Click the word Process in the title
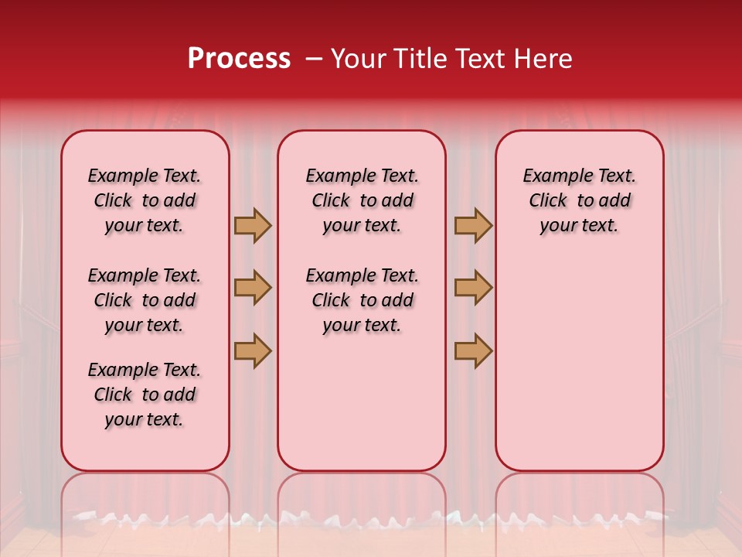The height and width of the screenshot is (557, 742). tap(239, 59)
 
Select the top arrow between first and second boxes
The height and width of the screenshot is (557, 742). tap(253, 225)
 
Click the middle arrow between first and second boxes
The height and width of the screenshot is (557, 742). tap(253, 288)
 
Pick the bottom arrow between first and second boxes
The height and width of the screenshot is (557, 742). tap(253, 350)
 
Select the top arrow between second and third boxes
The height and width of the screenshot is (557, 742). tap(474, 225)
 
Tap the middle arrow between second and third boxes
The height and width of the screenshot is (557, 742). tap(474, 288)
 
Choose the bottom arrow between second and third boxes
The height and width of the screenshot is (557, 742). tap(474, 350)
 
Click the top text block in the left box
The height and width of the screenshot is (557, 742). tap(145, 200)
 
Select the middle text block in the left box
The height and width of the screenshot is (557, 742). tap(145, 300)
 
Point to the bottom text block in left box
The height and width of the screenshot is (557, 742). tap(145, 395)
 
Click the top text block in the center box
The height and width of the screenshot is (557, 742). tap(362, 200)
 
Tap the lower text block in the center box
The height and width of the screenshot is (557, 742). tap(362, 300)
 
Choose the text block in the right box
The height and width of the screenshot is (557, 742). tap(579, 200)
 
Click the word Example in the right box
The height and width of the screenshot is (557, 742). tap(551, 176)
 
